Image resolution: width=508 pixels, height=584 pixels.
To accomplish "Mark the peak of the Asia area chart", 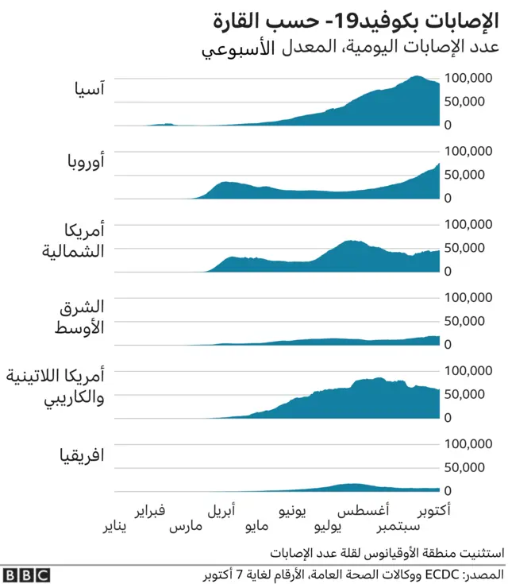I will [x=417, y=77].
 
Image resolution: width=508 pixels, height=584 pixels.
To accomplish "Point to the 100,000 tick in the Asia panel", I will [x=471, y=78].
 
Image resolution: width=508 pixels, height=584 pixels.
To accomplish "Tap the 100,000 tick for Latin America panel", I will [x=471, y=370].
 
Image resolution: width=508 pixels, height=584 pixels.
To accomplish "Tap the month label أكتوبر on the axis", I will [x=433, y=511].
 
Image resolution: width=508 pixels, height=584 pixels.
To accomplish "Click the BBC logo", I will [x=26, y=574].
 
